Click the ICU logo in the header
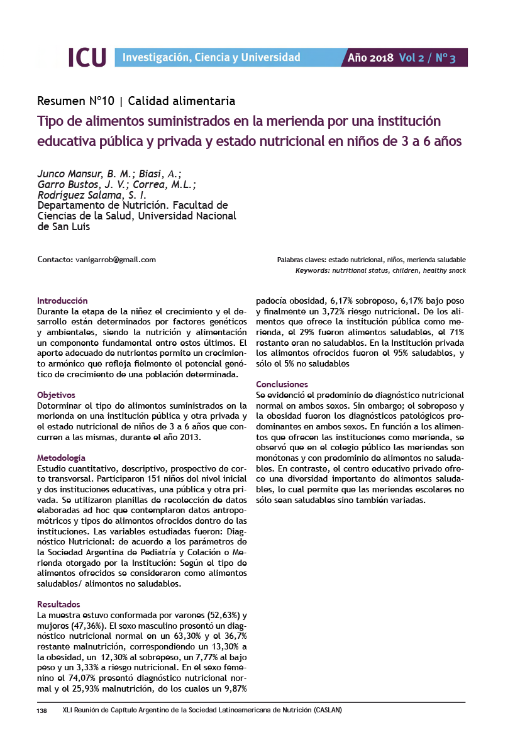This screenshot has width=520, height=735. [x=87, y=57]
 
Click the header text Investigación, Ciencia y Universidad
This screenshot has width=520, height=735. [x=211, y=58]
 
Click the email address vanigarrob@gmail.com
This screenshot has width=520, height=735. [x=115, y=259]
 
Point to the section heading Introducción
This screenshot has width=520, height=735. [x=62, y=301]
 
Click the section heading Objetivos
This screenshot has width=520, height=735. [x=56, y=395]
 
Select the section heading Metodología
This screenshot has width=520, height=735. [x=61, y=458]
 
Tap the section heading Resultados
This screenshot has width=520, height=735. [x=58, y=604]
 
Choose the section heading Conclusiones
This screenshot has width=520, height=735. [x=282, y=384]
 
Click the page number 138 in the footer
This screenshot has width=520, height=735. [x=42, y=710]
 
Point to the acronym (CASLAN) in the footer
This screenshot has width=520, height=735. [x=326, y=710]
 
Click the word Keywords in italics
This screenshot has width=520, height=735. [x=312, y=270]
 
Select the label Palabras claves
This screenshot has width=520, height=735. [x=301, y=260]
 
